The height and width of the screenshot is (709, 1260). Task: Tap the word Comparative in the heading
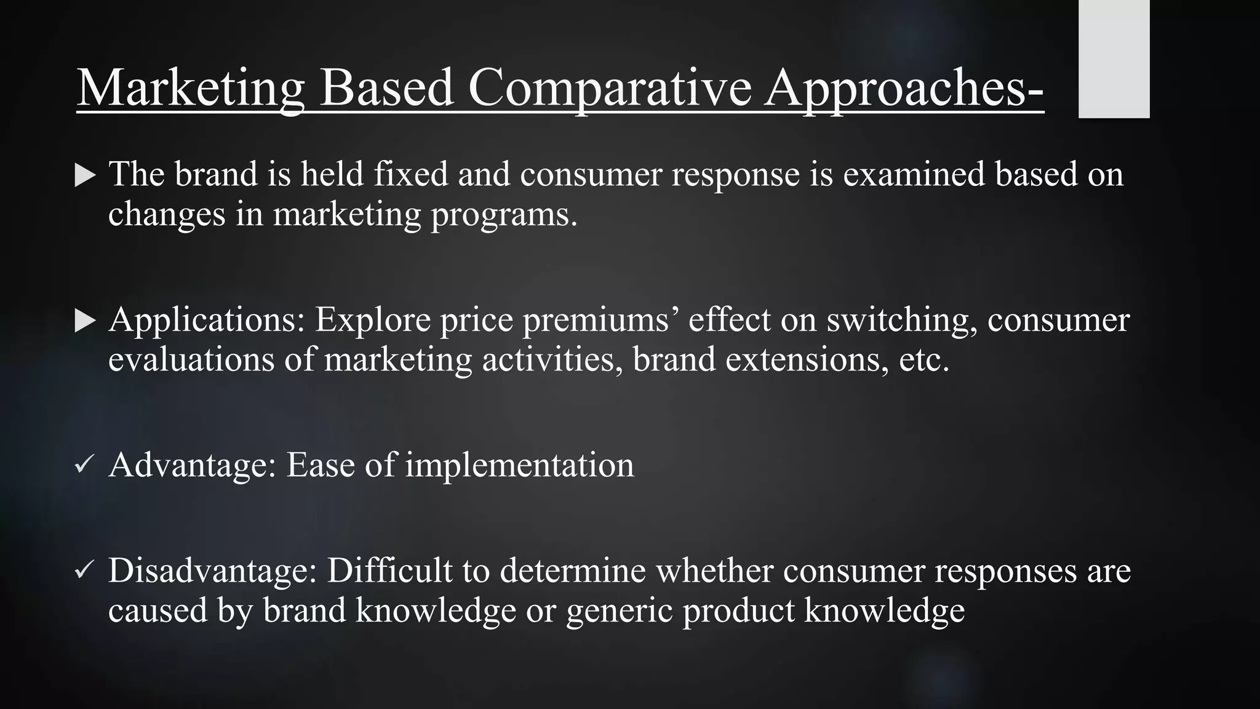coord(610,88)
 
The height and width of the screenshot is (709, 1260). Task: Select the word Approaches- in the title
coord(904,88)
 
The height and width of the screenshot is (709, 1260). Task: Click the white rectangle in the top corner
coord(1114,58)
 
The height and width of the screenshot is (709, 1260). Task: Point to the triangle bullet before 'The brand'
coord(85,175)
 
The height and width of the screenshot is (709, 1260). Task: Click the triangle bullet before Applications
coord(85,321)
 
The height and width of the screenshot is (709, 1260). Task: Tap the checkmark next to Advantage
coord(84,465)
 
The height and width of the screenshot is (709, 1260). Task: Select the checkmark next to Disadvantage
coord(84,571)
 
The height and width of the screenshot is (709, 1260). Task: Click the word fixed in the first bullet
coord(411,174)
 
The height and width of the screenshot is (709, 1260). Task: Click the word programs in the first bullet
coord(504,215)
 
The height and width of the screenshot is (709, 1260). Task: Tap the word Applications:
coord(207,321)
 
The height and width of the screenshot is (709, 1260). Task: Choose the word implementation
coord(519,465)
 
